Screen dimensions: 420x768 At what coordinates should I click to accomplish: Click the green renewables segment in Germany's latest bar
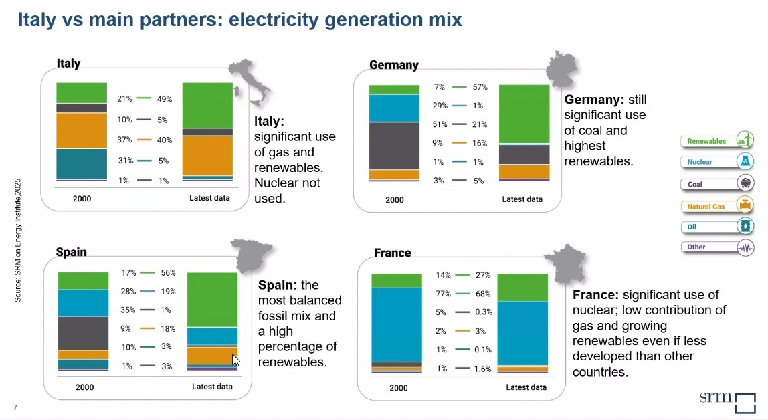click(524, 114)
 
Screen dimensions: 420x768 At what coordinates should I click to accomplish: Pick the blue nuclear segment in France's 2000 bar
click(397, 324)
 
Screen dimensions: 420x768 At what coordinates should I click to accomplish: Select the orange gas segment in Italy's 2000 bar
click(82, 130)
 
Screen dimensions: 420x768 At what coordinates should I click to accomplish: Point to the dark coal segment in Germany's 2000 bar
click(394, 146)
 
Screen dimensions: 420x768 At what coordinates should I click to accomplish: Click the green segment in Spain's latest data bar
click(212, 299)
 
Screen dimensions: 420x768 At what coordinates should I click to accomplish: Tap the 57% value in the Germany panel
click(480, 87)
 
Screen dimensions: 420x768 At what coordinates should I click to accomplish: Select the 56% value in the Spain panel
click(168, 273)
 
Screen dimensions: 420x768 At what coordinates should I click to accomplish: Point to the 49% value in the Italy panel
click(164, 99)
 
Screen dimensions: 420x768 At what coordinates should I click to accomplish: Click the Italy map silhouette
click(249, 81)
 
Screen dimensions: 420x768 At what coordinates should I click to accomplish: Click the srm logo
click(728, 401)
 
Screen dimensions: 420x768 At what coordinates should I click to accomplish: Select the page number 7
click(15, 407)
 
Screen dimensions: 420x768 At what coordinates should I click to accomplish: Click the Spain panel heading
click(71, 252)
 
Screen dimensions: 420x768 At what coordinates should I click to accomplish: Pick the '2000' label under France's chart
click(398, 388)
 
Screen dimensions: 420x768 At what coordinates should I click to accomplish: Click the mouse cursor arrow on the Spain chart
click(235, 360)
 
